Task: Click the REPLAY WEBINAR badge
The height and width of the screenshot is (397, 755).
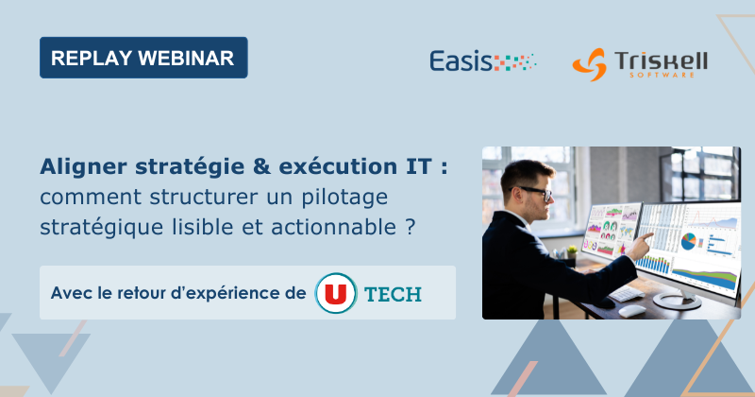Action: tap(143, 58)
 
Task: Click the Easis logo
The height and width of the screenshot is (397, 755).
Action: tap(482, 62)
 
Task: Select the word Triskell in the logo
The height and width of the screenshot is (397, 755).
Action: tap(662, 60)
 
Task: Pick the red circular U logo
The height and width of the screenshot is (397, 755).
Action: tap(334, 293)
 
